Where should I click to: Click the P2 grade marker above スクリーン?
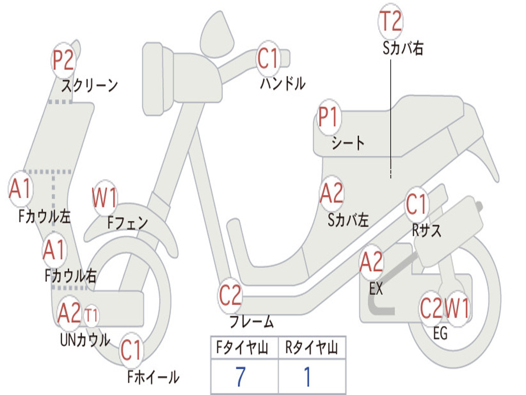(64, 61)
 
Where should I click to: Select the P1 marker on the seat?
(328, 117)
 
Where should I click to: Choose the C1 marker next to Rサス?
(417, 205)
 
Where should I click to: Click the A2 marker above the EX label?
(371, 263)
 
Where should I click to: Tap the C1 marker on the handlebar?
(268, 58)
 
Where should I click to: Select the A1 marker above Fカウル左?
(21, 189)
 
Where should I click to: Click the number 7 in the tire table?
(240, 377)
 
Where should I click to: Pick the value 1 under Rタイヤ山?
(307, 377)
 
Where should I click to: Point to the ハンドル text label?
(282, 83)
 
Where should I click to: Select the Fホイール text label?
(153, 378)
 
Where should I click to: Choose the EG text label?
(440, 334)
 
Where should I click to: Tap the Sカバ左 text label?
(348, 220)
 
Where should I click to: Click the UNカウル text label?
(85, 339)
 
